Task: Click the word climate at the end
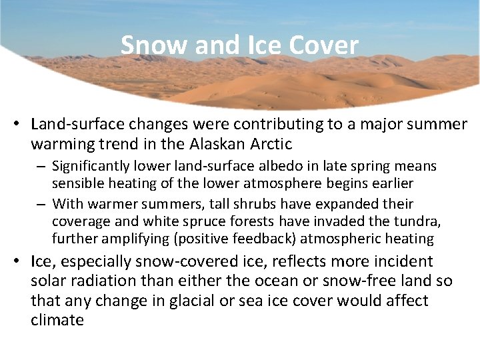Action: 57,320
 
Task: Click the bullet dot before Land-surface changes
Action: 21,125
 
